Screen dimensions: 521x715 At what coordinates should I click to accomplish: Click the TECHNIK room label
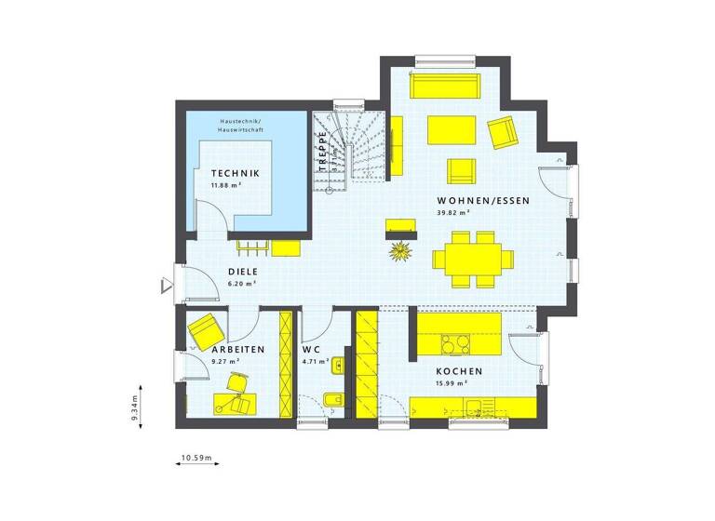click(235, 174)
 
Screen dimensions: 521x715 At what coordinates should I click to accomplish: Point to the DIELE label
click(242, 272)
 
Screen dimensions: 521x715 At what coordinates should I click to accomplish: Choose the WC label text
click(310, 349)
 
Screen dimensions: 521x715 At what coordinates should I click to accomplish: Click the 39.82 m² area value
click(452, 212)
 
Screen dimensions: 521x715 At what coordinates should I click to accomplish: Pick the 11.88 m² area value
click(226, 185)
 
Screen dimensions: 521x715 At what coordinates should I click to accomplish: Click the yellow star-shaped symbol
click(401, 249)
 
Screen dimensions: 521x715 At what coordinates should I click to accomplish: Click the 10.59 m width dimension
click(196, 459)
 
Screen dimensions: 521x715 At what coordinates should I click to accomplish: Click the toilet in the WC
click(332, 402)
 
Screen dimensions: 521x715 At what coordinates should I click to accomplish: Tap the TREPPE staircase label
click(323, 152)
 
